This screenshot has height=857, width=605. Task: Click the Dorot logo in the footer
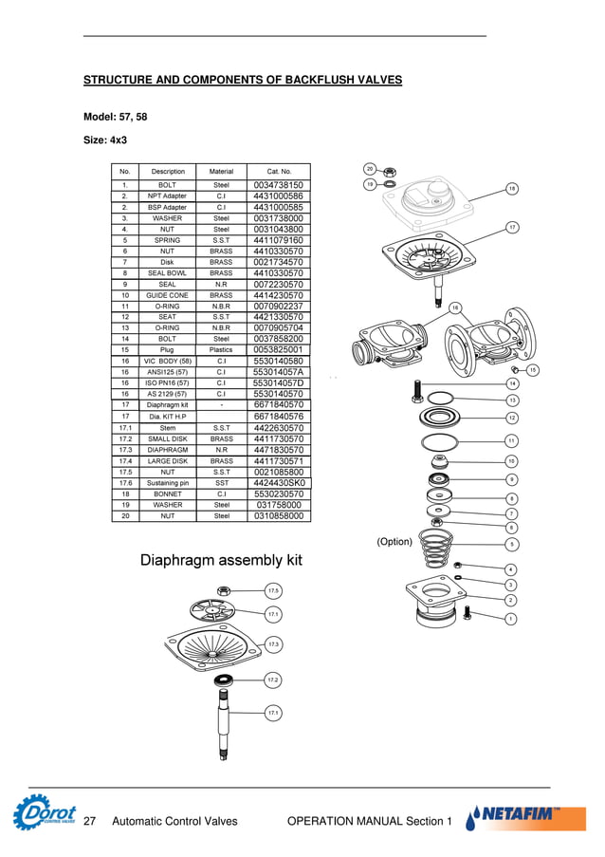pos(45,814)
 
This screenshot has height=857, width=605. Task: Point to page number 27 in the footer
pos(91,821)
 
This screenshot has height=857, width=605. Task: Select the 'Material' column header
pos(221,171)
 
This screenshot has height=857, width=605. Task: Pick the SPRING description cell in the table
pos(168,240)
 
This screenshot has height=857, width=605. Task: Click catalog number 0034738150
pos(279,185)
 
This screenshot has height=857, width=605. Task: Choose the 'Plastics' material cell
pos(221,350)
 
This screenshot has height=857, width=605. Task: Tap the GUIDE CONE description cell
pos(168,295)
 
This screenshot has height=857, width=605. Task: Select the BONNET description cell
pos(168,494)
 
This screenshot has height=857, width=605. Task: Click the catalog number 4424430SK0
pos(279,483)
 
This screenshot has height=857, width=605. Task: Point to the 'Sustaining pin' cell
pos(168,483)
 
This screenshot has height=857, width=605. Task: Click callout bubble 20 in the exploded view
pos(371,169)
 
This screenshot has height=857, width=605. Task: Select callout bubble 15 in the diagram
pos(533,369)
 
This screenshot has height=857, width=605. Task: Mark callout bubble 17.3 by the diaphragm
pos(273,644)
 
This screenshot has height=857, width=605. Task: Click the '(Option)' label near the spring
pos(394,542)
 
